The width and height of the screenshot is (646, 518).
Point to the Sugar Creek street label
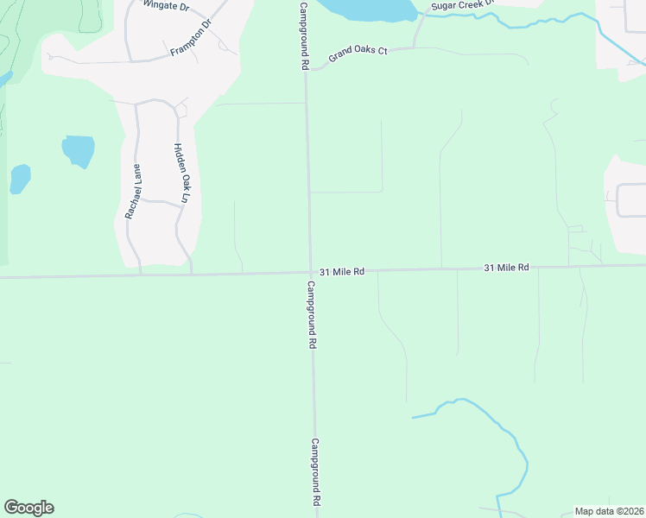[x=462, y=4]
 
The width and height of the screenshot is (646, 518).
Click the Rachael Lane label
[x=133, y=190]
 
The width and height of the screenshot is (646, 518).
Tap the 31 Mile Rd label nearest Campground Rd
[x=342, y=271]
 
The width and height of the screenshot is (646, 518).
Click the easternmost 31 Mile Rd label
[x=506, y=268]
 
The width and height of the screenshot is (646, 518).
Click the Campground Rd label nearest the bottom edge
[x=316, y=471]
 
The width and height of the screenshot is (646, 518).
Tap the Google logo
[x=28, y=508]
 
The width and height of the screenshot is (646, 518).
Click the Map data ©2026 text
[x=609, y=510]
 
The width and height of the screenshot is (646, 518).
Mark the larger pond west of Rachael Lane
[x=78, y=150]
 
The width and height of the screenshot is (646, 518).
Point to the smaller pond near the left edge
[x=20, y=179]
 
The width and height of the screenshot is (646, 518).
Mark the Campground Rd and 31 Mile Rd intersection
[x=311, y=273]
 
